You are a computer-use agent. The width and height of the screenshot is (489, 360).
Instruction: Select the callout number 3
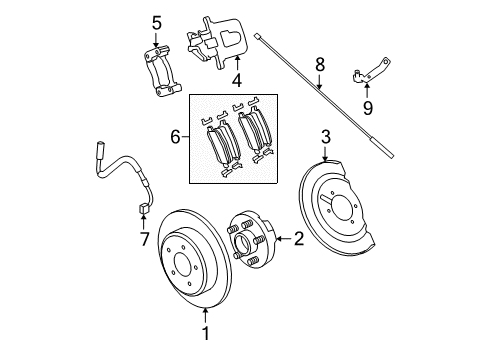pos(325,136)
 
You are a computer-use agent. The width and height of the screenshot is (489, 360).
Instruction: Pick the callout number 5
pos(155,22)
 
